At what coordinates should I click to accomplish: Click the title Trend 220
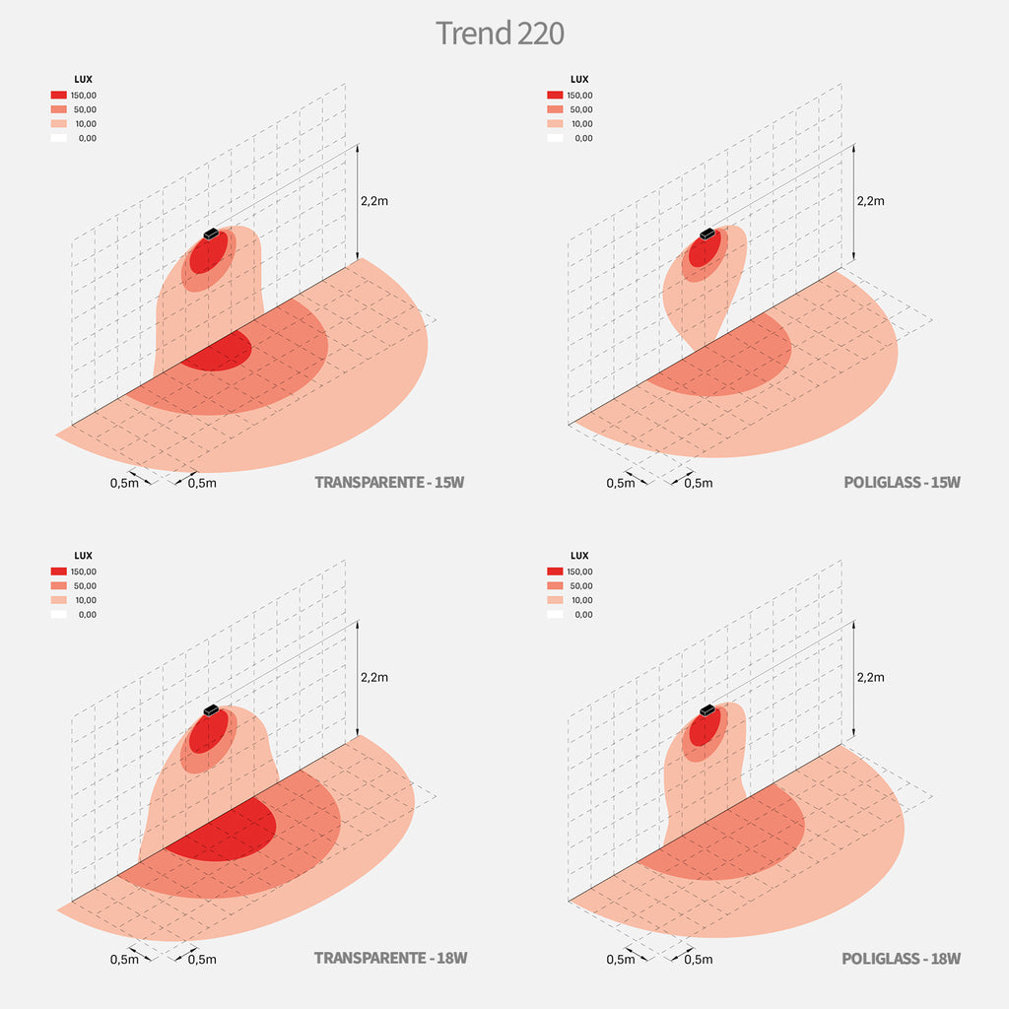pyautogui.click(x=500, y=33)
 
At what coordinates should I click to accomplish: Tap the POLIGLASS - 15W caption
pyautogui.click(x=902, y=482)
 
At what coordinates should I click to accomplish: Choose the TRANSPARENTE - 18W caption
pyautogui.click(x=390, y=958)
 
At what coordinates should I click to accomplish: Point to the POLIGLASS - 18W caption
pyautogui.click(x=901, y=958)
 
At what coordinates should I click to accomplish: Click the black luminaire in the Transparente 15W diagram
pyautogui.click(x=211, y=234)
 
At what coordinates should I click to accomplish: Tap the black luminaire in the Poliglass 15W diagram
pyautogui.click(x=706, y=234)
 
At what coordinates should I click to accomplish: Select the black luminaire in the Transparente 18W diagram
pyautogui.click(x=210, y=709)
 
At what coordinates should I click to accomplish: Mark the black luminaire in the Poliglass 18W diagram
pyautogui.click(x=706, y=709)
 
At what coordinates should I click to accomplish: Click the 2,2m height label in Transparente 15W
pyautogui.click(x=374, y=200)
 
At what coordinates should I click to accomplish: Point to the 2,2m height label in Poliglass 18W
pyautogui.click(x=871, y=677)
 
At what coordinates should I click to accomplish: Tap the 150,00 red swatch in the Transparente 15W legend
pyautogui.click(x=59, y=96)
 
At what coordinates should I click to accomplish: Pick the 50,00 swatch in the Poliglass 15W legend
pyautogui.click(x=555, y=109)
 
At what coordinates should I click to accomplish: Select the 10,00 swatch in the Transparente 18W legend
pyautogui.click(x=59, y=600)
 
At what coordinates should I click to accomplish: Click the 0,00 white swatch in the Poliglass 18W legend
pyautogui.click(x=555, y=614)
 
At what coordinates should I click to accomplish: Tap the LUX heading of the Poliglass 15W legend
pyautogui.click(x=579, y=79)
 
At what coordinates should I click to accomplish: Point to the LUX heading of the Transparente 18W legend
pyautogui.click(x=84, y=556)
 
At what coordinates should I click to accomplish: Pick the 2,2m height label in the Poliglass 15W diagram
pyautogui.click(x=871, y=200)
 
